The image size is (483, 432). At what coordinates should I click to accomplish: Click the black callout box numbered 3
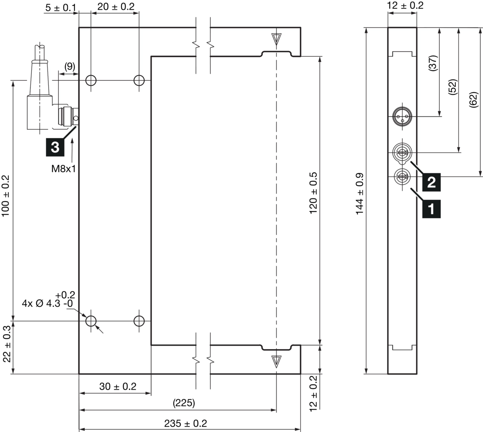[55, 147]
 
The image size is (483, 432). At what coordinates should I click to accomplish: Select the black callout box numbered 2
[431, 182]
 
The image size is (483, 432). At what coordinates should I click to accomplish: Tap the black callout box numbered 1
[431, 209]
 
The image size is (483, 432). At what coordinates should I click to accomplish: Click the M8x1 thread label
[64, 169]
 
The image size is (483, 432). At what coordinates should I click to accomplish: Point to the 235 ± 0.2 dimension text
[186, 424]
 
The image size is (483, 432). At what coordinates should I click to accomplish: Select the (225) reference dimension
[184, 403]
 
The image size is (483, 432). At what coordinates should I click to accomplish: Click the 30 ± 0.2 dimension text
[118, 386]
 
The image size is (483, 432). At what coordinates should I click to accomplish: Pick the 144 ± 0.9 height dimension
[360, 194]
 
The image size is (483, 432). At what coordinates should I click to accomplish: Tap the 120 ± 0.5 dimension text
[313, 193]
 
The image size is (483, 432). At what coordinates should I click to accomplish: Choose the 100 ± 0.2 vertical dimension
[6, 196]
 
